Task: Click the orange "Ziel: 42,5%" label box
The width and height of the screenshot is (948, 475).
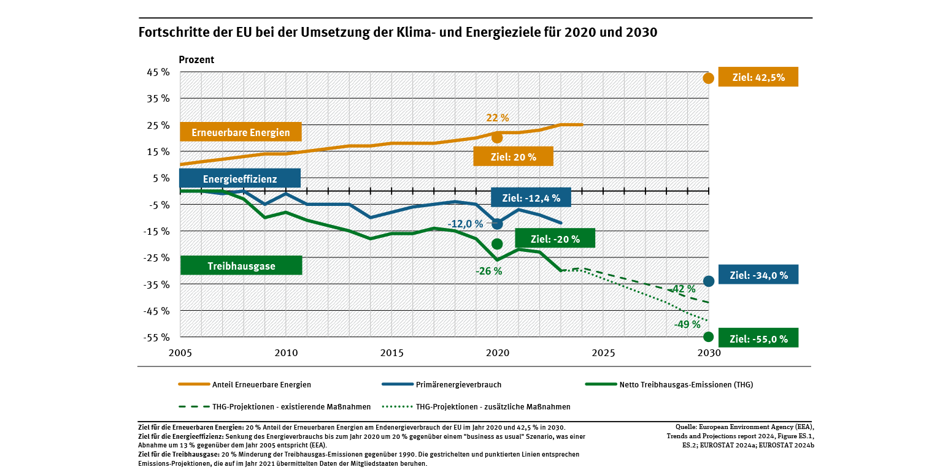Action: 758,77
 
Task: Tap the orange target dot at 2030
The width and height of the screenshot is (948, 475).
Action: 708,78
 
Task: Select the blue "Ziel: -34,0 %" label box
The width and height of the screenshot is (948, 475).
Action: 758,275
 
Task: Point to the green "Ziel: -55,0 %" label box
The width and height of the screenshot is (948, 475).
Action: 758,338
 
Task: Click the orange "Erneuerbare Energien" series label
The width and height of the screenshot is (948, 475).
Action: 240,132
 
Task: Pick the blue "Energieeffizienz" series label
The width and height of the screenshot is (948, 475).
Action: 240,179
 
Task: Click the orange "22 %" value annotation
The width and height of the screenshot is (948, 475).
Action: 497,118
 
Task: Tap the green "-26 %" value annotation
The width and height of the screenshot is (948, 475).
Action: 488,271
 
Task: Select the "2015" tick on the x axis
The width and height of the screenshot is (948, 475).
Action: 391,353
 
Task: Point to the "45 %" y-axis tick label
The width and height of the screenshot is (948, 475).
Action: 158,72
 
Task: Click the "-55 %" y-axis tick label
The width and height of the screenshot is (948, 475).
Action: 158,337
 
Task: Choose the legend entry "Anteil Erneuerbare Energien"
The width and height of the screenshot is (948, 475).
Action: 261,385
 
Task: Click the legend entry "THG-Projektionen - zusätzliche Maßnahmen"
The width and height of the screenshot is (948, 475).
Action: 493,406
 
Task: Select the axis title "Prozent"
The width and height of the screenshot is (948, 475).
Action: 196,60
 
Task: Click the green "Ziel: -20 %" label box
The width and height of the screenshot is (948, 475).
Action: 555,239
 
